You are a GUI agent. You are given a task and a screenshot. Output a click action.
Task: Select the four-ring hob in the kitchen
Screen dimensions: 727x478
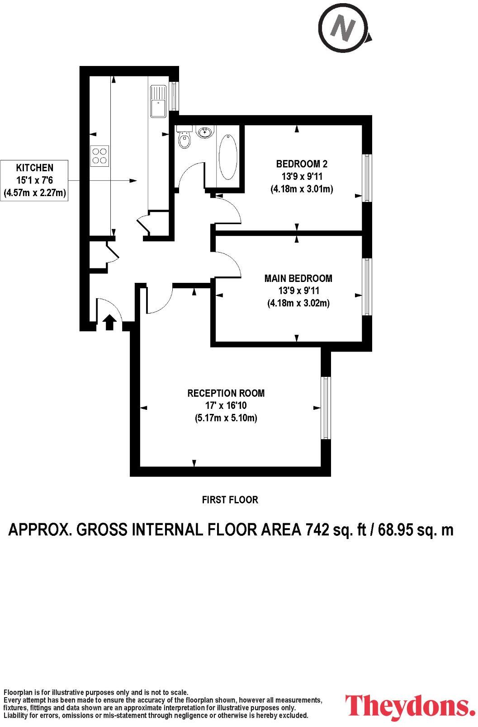click(x=100, y=155)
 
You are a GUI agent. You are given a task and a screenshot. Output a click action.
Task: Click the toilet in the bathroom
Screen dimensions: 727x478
click(x=185, y=138)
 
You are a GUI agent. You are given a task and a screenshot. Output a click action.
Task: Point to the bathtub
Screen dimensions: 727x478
click(x=228, y=156)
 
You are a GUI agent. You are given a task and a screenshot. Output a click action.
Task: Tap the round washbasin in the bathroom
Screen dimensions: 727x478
click(x=205, y=132)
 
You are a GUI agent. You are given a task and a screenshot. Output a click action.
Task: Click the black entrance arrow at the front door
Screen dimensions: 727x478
click(x=109, y=323)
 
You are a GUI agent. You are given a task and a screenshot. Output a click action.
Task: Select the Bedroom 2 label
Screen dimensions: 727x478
click(x=302, y=164)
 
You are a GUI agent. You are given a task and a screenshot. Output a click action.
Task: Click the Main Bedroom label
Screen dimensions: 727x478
click(x=298, y=278)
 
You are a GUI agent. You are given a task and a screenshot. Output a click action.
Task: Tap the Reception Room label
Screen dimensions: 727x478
click(x=226, y=393)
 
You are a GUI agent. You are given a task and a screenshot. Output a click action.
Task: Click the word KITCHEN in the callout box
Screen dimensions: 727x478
click(x=35, y=168)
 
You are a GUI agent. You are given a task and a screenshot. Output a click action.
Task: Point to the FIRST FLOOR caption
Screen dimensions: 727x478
click(x=230, y=500)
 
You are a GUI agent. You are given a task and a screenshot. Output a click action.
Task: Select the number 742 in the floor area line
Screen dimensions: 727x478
click(x=317, y=529)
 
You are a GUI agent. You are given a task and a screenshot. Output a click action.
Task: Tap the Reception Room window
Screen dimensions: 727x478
click(x=325, y=408)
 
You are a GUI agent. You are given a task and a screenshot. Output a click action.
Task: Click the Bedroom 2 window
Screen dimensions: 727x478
click(x=368, y=178)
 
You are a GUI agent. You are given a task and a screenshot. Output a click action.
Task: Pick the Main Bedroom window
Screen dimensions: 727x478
click(x=368, y=286)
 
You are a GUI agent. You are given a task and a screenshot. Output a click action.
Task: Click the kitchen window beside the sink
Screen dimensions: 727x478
click(x=174, y=96)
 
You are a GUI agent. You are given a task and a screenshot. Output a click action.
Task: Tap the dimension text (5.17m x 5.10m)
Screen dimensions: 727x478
click(x=226, y=418)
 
